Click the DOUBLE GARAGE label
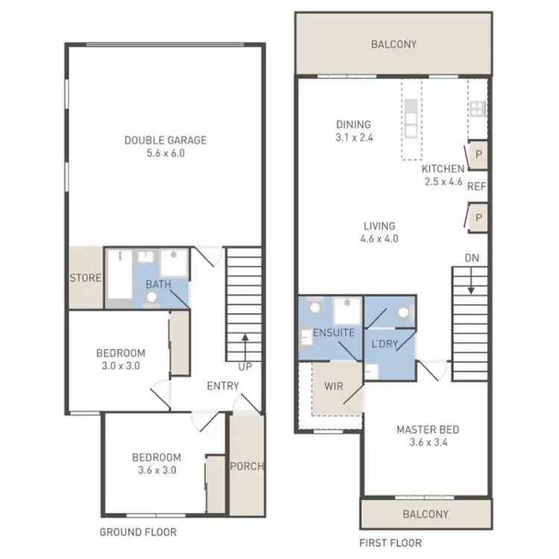coord(165,140)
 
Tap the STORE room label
coord(86,278)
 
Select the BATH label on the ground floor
coord(158,285)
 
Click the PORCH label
coord(247,467)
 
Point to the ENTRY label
coord(223,385)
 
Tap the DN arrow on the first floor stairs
coord(471,285)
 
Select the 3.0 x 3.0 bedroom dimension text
coord(120,366)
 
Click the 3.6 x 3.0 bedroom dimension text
coord(157,470)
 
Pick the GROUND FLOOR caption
coord(138,532)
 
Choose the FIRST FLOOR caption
coord(391,543)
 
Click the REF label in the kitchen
coord(476,186)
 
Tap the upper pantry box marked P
coord(477,154)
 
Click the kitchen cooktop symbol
coord(477,109)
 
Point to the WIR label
coord(333,387)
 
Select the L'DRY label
coord(385,344)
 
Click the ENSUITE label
coord(333,332)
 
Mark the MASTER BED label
coord(427,429)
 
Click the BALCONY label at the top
coord(394,45)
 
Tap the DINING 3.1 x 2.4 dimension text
coord(353,138)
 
